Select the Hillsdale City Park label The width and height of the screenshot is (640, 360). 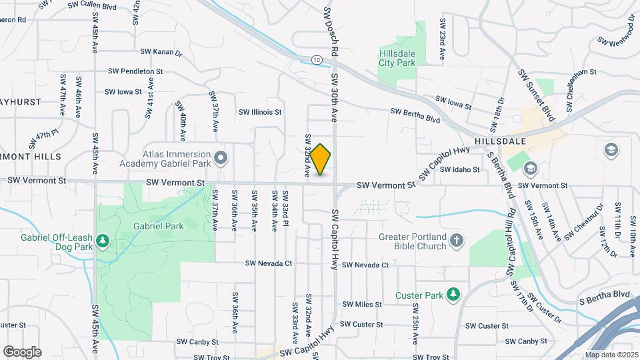click(x=397, y=58)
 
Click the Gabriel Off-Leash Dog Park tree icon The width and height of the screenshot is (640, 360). click(x=103, y=240)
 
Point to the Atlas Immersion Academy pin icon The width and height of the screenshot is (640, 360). click(x=222, y=158)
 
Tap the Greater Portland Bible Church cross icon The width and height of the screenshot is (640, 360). click(x=456, y=240)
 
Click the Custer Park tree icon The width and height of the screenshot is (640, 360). click(x=453, y=294)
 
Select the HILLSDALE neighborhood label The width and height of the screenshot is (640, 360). click(x=501, y=141)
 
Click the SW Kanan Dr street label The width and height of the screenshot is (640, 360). click(x=161, y=51)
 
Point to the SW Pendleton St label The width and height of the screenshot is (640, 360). click(x=135, y=71)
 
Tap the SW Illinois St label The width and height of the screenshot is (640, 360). click(x=261, y=112)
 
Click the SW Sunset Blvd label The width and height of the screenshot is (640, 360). click(x=537, y=97)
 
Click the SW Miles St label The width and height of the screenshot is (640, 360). click(x=362, y=305)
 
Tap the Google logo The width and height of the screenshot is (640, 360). click(x=22, y=352)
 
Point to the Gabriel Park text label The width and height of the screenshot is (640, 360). click(x=158, y=226)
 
